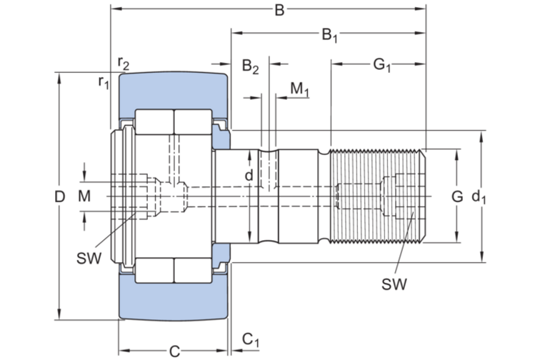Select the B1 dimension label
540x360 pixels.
(x=329, y=34)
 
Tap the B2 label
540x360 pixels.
(x=250, y=67)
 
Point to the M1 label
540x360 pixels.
(x=300, y=89)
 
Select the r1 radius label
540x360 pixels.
(x=104, y=82)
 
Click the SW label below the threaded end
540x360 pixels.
(x=394, y=284)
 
